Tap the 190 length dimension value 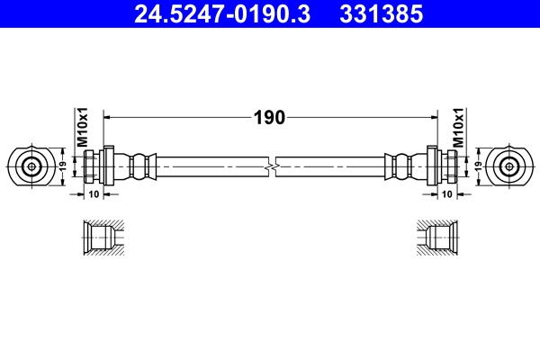(269, 117)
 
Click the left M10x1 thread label (80, 128)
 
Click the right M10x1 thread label (457, 128)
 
